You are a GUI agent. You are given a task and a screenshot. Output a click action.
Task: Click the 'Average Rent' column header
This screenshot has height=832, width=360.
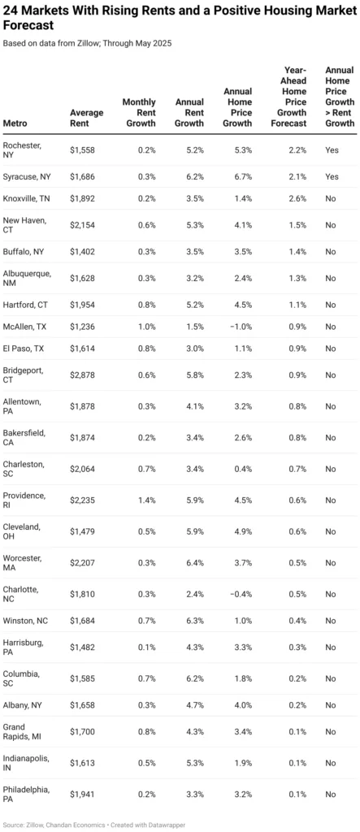pyautogui.click(x=85, y=118)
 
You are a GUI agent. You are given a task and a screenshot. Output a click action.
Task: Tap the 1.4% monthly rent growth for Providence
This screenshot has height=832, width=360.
pyautogui.click(x=147, y=500)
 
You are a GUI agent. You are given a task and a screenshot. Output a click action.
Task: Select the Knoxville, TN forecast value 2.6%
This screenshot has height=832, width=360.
pyautogui.click(x=296, y=198)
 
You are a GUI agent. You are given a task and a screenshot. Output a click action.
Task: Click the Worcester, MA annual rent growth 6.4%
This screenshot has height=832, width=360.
pyautogui.click(x=193, y=562)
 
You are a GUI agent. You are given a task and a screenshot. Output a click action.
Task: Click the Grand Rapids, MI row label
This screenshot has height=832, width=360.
pyautogui.click(x=26, y=731)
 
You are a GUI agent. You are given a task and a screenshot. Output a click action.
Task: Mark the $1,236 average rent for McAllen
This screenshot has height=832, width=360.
pyautogui.click(x=85, y=327)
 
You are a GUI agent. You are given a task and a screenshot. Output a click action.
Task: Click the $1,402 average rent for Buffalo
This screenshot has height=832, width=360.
pyautogui.click(x=85, y=252)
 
